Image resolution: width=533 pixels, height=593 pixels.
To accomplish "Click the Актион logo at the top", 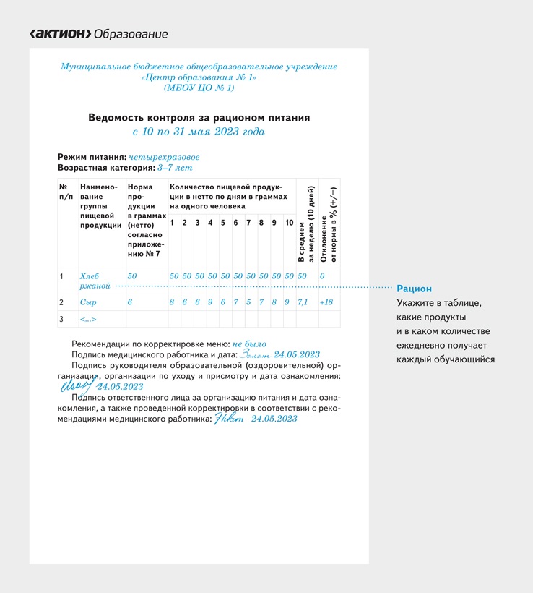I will [x=60, y=34].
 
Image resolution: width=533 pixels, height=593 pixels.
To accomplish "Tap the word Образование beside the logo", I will [x=131, y=34].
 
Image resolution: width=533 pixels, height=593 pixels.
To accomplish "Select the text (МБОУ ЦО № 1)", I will [x=199, y=88].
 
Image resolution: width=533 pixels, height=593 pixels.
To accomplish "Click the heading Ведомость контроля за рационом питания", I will [x=199, y=117].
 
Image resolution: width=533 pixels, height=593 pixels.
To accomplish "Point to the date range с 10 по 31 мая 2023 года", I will [x=199, y=132].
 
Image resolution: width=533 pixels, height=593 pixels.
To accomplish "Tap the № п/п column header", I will [x=66, y=192].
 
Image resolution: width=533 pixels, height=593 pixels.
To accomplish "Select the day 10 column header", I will [x=289, y=223].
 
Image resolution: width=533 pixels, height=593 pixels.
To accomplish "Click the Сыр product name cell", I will [x=88, y=302].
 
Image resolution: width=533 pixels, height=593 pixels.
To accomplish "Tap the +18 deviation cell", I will [x=326, y=302].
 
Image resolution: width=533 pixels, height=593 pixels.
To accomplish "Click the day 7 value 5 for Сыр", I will [x=248, y=302].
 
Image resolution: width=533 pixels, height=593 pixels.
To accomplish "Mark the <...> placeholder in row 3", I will [x=88, y=319].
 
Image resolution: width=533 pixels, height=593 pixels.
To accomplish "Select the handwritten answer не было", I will [x=249, y=344].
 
